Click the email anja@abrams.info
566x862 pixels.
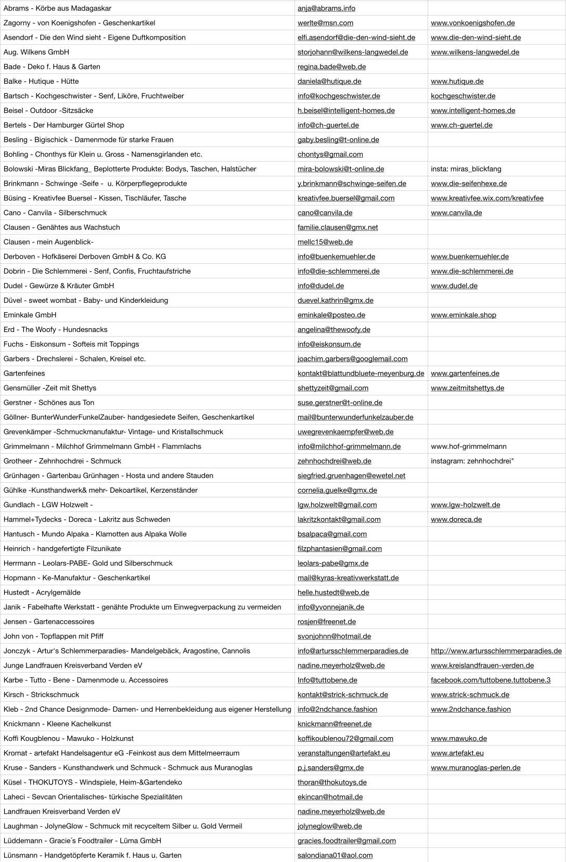[x=326, y=8]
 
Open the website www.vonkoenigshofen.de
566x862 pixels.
[x=472, y=23]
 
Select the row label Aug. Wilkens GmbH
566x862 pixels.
[x=36, y=52]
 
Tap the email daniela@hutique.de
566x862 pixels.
[x=329, y=81]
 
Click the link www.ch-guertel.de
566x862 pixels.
[x=461, y=125]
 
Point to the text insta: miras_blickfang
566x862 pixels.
[x=466, y=169]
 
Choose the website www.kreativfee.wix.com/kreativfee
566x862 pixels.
[x=487, y=198]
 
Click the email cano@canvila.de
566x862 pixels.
[x=325, y=213]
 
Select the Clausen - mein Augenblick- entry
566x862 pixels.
[x=48, y=242]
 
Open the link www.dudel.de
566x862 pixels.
[x=454, y=286]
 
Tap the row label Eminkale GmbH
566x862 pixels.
[x=30, y=315]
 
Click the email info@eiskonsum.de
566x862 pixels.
[x=329, y=344]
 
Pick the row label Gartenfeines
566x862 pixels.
[x=24, y=373]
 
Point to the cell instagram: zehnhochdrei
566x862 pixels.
[x=472, y=461]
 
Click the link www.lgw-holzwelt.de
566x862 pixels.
[x=465, y=505]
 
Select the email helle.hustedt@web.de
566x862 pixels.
[x=333, y=592]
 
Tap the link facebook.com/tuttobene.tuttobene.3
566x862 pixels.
[x=490, y=680]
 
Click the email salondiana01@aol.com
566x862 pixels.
[x=335, y=855]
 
